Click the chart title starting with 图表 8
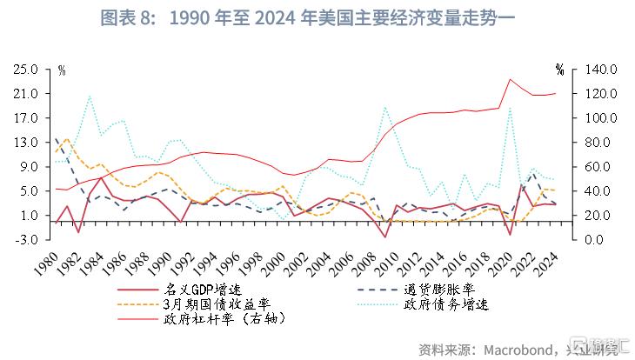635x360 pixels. pyautogui.click(x=317, y=18)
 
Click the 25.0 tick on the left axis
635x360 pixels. pyautogui.click(x=25, y=69)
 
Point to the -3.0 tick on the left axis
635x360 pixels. pyautogui.click(x=26, y=239)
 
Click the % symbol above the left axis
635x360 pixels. pyautogui.click(x=62, y=69)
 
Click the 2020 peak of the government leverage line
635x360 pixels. pyautogui.click(x=510, y=79)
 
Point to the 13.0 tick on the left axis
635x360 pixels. pyautogui.click(x=25, y=142)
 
